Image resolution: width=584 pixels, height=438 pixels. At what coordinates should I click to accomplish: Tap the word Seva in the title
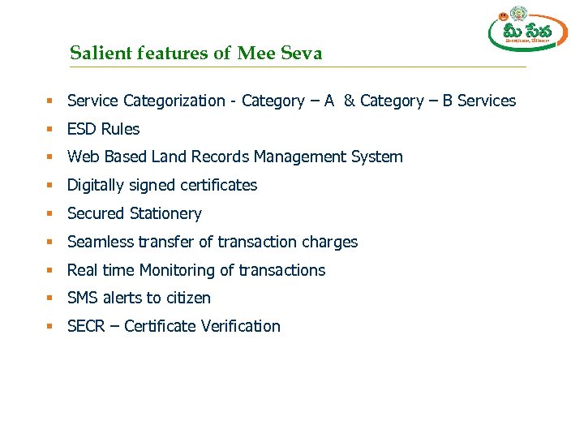point(301,54)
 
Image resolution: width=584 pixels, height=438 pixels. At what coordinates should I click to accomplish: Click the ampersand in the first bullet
point(349,101)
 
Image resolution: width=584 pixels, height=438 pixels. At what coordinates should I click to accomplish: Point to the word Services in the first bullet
point(487,101)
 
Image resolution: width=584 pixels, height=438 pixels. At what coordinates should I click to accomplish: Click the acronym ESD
point(82,129)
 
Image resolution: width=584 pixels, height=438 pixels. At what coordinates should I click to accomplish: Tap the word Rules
point(120,129)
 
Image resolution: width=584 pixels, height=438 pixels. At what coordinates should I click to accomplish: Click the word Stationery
point(165,213)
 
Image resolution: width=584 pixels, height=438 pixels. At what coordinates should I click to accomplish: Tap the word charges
point(329,242)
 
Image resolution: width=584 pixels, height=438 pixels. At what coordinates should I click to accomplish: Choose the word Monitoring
point(176,270)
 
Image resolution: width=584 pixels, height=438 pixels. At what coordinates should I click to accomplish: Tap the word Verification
point(240,326)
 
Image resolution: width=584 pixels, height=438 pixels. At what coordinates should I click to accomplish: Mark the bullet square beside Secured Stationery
point(49,213)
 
